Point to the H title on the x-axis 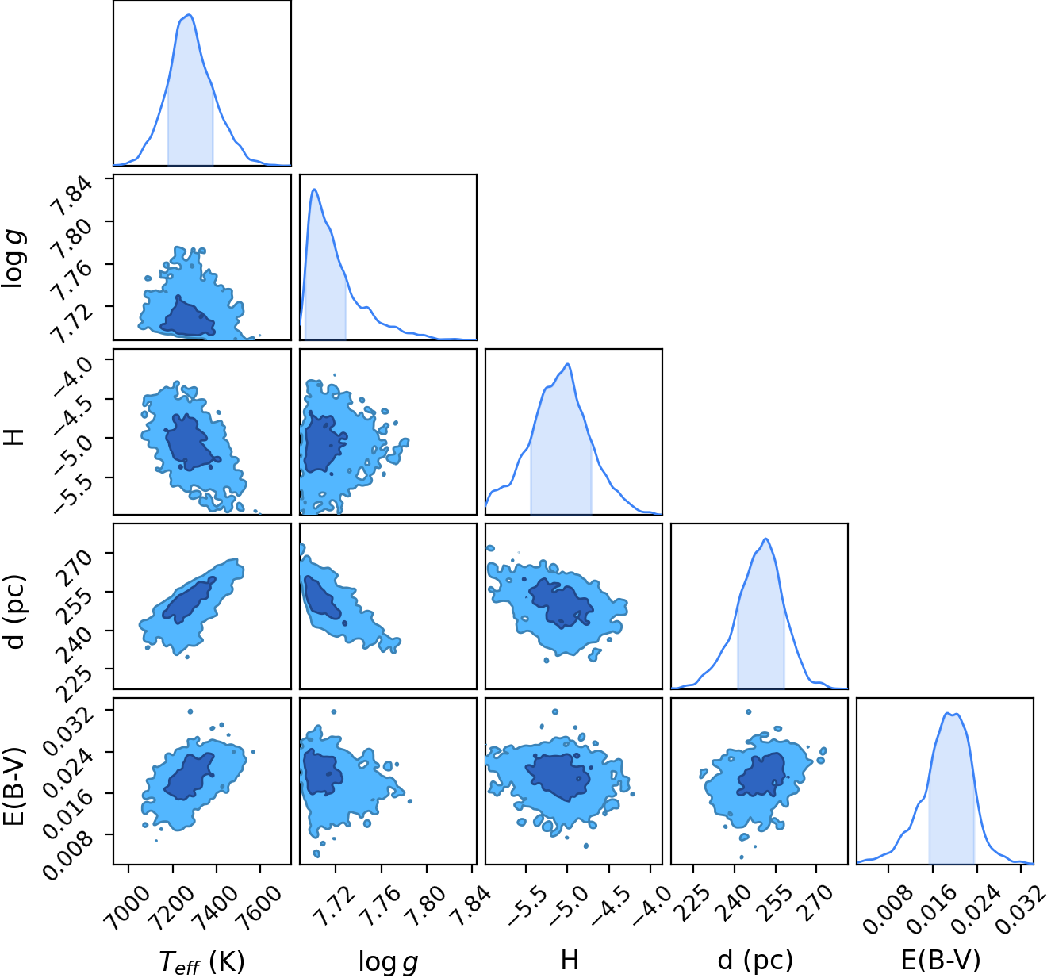pyautogui.click(x=570, y=959)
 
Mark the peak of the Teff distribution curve pyautogui.click(x=189, y=15)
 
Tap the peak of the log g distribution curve pyautogui.click(x=314, y=190)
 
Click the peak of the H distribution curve pyautogui.click(x=567, y=364)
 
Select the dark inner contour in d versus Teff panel pyautogui.click(x=189, y=600)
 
